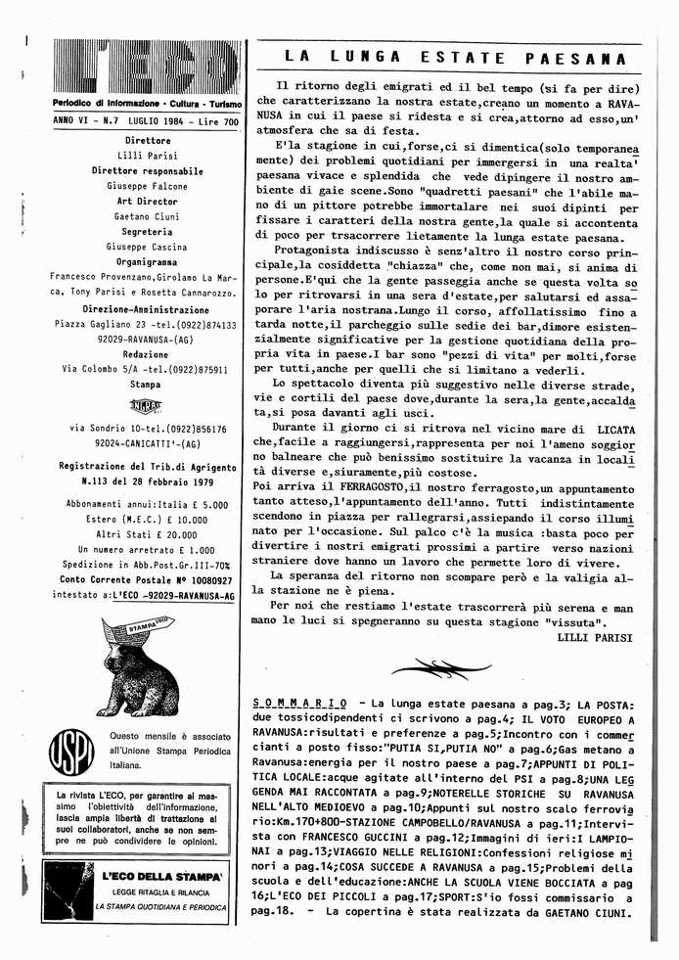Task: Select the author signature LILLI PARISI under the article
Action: click(594, 637)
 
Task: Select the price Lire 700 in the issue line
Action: click(215, 122)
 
